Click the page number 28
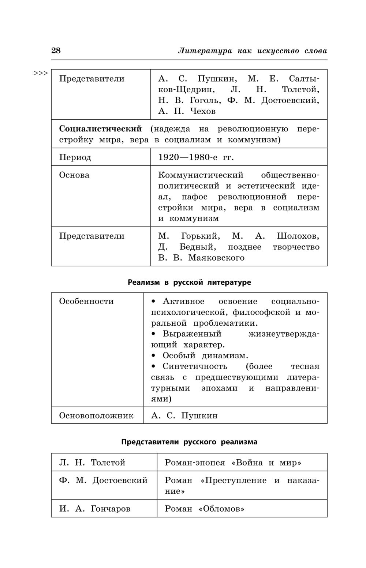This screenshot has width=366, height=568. (x=56, y=51)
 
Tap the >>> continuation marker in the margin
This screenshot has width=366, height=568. (x=41, y=73)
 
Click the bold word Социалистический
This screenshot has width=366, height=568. (x=101, y=129)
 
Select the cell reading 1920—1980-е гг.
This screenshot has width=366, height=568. (x=196, y=157)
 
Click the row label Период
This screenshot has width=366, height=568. (x=75, y=157)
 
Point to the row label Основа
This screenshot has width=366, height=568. (x=74, y=175)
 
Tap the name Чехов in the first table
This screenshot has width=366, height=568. (x=203, y=111)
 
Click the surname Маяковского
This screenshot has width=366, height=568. (x=216, y=258)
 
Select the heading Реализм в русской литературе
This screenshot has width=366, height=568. (x=189, y=282)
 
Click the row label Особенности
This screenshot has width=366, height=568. (x=86, y=301)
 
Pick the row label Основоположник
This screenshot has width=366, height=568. (x=96, y=416)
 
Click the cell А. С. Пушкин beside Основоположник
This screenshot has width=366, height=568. (x=184, y=416)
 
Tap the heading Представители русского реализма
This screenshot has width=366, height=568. (x=189, y=442)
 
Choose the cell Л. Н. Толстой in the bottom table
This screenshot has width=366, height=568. (x=92, y=463)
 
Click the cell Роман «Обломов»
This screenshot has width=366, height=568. (x=205, y=509)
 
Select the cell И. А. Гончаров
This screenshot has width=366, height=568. (x=95, y=509)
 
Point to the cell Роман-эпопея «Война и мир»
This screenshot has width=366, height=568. (x=233, y=463)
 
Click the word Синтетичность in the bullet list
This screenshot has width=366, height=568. (x=195, y=366)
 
